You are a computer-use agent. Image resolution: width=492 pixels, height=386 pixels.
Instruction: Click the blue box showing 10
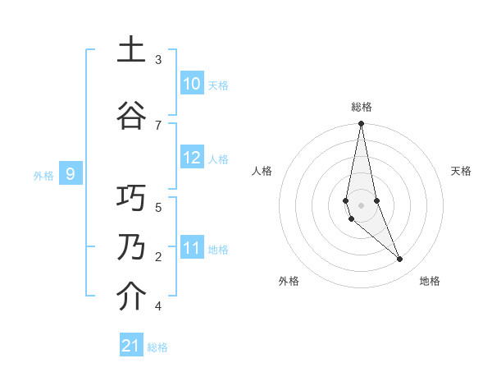point(192,84)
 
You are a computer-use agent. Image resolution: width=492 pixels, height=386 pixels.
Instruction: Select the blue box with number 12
point(192,159)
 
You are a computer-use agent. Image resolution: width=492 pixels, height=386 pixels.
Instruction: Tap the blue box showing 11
point(192,247)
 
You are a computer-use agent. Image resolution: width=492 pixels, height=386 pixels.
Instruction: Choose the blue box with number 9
point(71,173)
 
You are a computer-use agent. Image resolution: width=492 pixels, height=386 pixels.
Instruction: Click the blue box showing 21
point(131,346)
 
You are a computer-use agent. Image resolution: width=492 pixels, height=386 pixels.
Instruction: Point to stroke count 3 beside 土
point(158,60)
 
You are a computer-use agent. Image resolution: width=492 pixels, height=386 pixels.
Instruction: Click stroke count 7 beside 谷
point(158,125)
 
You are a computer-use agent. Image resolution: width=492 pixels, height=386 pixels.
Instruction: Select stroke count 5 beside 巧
point(158,207)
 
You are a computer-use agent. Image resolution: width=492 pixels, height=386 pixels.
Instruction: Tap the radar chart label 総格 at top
point(362,107)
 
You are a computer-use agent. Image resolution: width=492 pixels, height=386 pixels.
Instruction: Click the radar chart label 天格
point(461,171)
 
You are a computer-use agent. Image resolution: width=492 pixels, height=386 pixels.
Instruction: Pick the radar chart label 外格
point(289,281)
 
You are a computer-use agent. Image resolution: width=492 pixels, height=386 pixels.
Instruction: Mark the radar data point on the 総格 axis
point(361,124)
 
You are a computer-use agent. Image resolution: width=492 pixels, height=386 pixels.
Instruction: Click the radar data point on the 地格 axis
point(400,260)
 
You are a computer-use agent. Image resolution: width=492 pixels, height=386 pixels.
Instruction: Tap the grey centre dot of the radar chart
point(361,205)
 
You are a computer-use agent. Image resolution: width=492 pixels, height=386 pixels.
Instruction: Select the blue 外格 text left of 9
point(43,175)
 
